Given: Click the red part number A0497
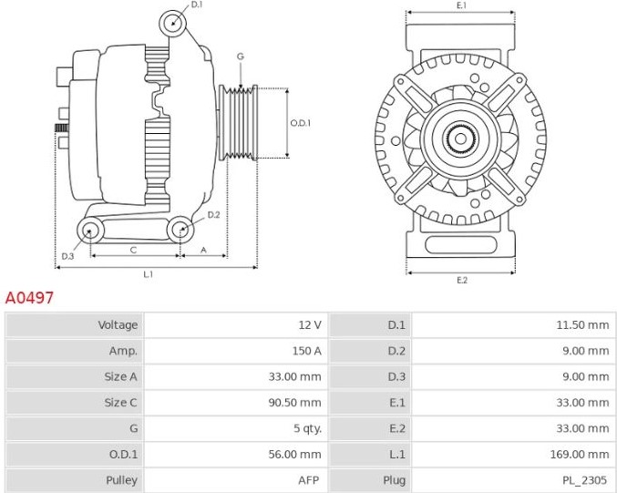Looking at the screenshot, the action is (29, 298).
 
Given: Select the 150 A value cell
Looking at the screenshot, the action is (306, 351).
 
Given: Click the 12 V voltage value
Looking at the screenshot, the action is (310, 324).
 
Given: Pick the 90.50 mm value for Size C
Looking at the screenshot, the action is (294, 403).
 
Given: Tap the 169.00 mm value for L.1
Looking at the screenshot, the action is (580, 455).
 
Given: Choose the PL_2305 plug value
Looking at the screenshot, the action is (584, 480).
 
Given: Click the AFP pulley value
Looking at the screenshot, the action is (308, 480).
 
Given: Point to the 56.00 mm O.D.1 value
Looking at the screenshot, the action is (294, 455).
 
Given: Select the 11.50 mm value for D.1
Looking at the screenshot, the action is (582, 324).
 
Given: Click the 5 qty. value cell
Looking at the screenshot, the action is (307, 428).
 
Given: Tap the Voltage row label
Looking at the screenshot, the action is (118, 325).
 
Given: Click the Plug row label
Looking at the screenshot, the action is (394, 480).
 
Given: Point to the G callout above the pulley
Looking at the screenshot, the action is (241, 56).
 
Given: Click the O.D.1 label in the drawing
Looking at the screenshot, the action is (300, 123).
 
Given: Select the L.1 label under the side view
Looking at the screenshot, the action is (148, 274).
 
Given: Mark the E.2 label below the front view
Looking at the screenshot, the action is (461, 280).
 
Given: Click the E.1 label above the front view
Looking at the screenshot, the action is (461, 5).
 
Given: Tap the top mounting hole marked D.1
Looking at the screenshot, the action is (173, 23).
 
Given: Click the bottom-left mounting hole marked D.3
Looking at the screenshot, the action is (90, 231).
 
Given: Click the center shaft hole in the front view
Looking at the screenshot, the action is (460, 139).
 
